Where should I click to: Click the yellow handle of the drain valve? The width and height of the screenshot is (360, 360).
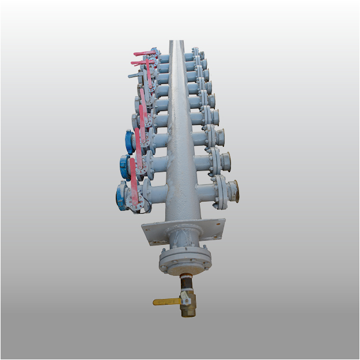coord(164,301)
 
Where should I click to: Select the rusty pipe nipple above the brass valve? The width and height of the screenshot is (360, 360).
coord(185,283)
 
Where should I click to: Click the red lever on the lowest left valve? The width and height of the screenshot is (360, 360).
coord(134,181)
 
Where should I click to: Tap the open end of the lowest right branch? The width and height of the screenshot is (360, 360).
coord(234,190)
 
